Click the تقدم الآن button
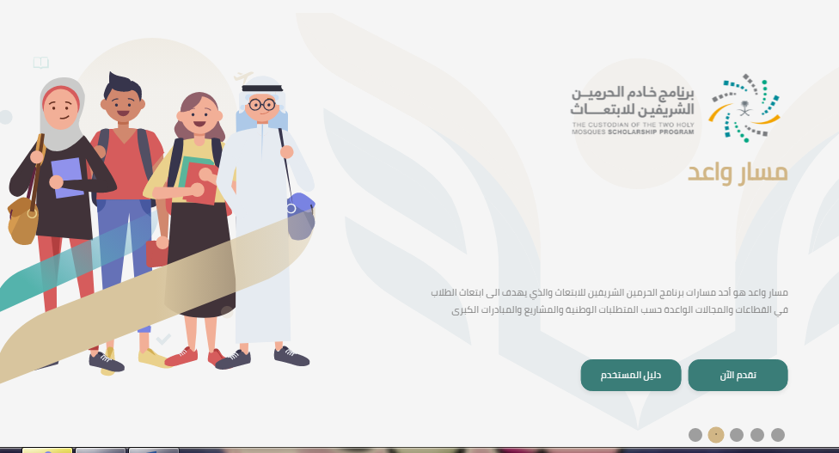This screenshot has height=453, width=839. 738,375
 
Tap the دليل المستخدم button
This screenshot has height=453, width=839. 631,375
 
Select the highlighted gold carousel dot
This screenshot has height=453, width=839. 716,435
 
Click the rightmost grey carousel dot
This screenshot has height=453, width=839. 778,435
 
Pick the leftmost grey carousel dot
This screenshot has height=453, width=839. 695,435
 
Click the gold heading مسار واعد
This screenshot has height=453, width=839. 738,172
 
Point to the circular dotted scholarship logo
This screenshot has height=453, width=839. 744,108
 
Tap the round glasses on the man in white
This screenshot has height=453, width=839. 262,104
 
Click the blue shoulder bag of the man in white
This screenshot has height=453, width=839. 300,216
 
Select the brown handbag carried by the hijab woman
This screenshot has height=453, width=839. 22,220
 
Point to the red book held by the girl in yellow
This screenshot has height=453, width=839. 201,183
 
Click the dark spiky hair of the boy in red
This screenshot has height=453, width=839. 123,87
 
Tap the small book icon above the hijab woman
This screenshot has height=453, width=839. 40,63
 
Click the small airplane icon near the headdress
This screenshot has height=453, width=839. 243,77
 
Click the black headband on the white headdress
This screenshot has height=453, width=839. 261,89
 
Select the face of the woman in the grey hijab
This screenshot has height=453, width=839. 61,107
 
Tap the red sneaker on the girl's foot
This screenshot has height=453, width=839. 181,357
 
